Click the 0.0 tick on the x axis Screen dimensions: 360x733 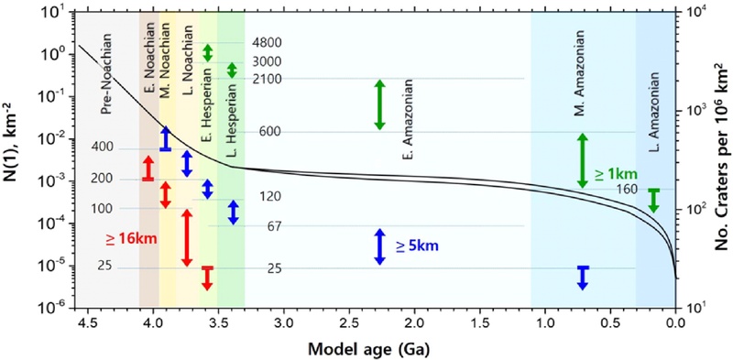(x=675, y=323)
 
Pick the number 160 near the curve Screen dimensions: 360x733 (x=627, y=189)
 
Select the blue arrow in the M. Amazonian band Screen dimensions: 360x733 (x=582, y=277)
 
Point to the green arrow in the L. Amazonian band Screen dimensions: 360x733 (x=653, y=201)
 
